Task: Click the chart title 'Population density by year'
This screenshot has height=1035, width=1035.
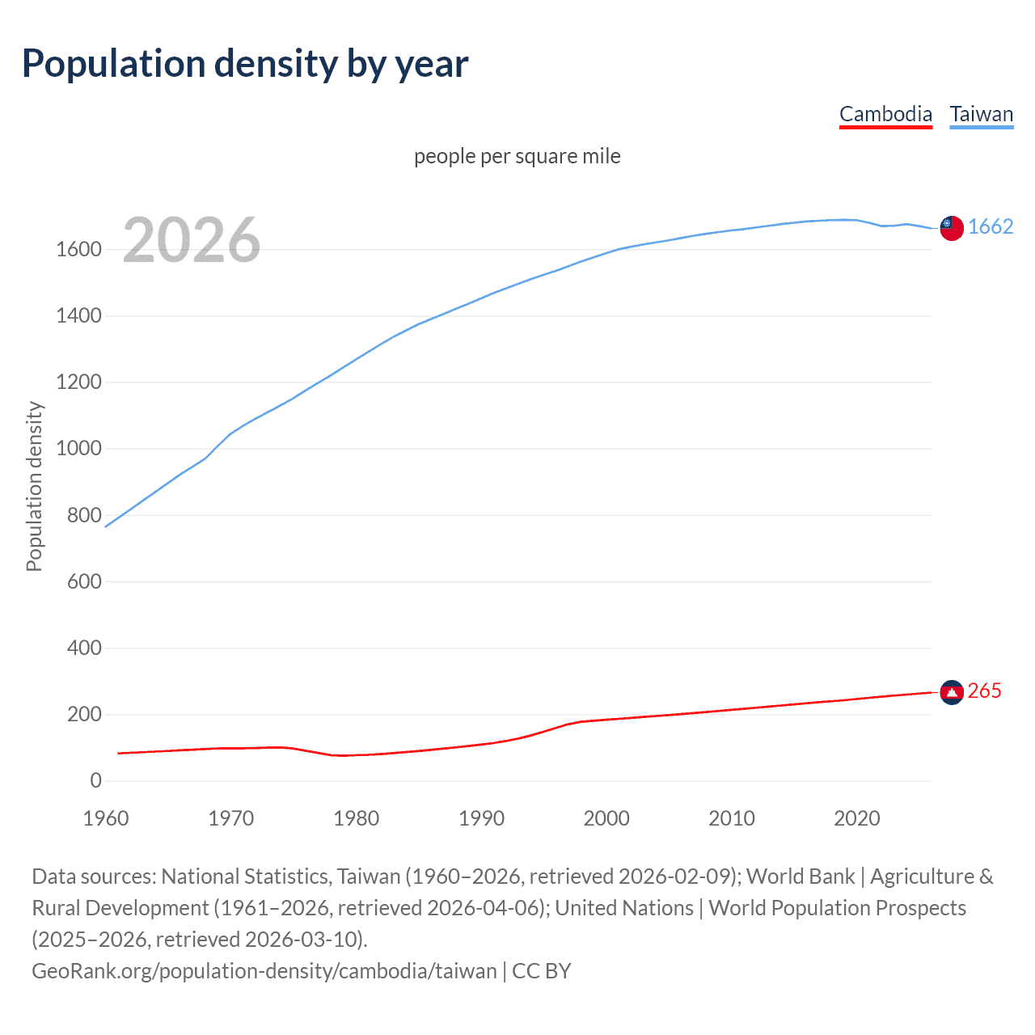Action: [x=245, y=64]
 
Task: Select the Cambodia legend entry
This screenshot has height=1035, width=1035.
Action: [x=885, y=114]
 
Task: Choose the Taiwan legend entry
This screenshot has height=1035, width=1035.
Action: [x=981, y=114]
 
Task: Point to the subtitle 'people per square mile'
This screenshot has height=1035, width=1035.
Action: [x=517, y=156]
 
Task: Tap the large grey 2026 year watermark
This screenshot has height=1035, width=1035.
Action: [x=192, y=240]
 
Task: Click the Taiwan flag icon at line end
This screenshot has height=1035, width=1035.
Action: [x=952, y=228]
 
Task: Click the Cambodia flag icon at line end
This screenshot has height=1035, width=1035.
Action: [x=952, y=692]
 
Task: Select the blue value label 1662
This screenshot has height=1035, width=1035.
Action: [x=991, y=226]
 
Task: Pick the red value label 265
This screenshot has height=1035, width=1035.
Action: [x=984, y=691]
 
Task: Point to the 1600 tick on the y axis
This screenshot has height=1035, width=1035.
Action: [x=78, y=249]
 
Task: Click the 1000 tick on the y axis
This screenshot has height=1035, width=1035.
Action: [x=78, y=449]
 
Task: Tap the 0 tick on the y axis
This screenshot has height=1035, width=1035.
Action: [x=95, y=780]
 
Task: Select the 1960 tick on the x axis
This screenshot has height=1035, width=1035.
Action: [x=106, y=818]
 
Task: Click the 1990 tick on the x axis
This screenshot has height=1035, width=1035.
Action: [x=481, y=818]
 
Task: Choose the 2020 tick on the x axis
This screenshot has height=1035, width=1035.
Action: [x=856, y=818]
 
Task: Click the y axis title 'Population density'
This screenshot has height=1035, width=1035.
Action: [x=34, y=486]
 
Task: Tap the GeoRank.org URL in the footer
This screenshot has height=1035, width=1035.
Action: [x=264, y=970]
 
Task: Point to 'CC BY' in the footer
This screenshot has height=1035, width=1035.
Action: [x=542, y=970]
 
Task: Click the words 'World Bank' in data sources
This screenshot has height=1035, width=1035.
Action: [x=800, y=877]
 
